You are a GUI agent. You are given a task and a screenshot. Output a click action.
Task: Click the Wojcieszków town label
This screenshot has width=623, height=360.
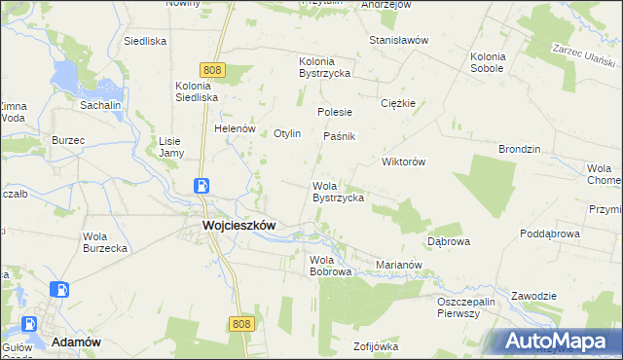coord(238,225)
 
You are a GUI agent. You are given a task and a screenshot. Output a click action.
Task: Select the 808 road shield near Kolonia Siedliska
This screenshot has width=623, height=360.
coord(214,69)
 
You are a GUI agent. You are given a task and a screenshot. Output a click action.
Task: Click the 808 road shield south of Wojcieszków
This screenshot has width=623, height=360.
coord(242,323)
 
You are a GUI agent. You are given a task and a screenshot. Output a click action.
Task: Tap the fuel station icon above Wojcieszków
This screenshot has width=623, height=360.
coord(201,186)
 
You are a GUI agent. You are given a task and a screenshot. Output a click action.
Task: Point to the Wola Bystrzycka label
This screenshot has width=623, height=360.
coord(338,192)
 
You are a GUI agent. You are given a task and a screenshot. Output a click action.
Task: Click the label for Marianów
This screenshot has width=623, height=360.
coord(398,264)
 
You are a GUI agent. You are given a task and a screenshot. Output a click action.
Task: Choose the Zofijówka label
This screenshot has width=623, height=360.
coord(377,346)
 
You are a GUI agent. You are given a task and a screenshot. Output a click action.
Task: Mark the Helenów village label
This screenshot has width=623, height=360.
coord(235,128)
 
